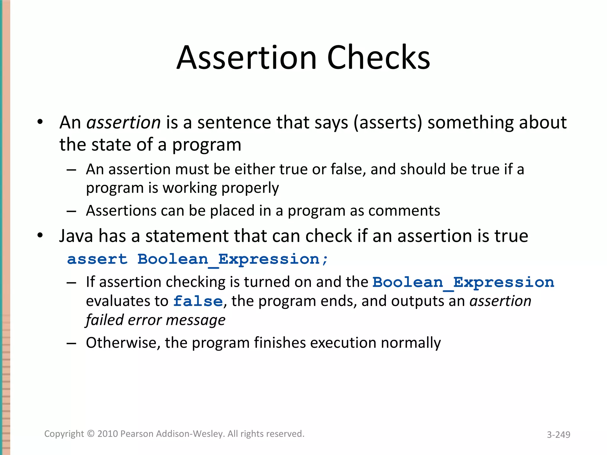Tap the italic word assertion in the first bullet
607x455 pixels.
tap(123, 122)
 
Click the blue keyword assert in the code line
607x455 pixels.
tap(97, 259)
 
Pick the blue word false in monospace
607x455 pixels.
tap(198, 301)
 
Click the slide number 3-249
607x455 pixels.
tap(558, 435)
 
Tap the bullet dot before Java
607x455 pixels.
tap(40, 236)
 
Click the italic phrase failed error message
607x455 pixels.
tap(156, 320)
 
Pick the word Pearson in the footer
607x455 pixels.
tap(137, 434)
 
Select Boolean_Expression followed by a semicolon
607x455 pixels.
tap(233, 259)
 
